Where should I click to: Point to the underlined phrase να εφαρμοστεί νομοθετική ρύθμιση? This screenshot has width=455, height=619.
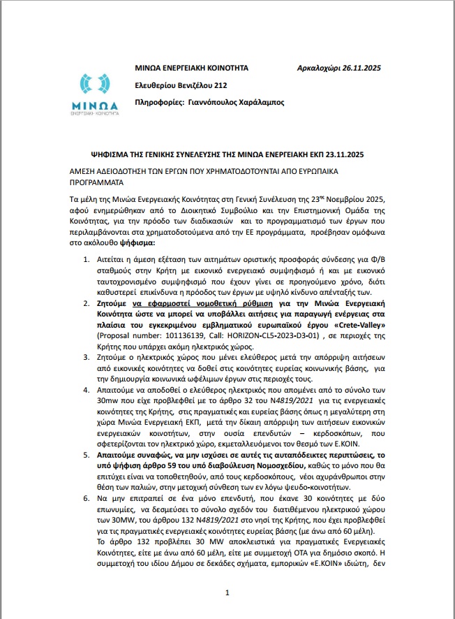click(x=191, y=304)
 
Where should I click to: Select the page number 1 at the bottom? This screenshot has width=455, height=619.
click(x=227, y=593)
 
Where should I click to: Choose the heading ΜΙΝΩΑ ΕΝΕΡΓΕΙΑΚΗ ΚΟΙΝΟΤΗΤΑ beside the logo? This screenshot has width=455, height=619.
click(x=191, y=68)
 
